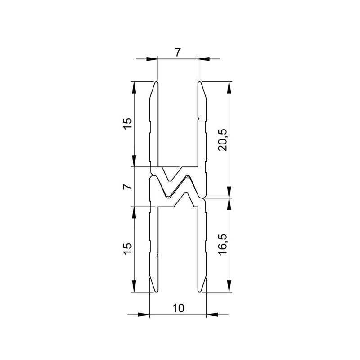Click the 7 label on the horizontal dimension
(x=178, y=52)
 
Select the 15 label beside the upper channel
(x=127, y=124)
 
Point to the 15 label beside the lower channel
(x=127, y=249)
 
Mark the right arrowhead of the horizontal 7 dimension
(x=203, y=58)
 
